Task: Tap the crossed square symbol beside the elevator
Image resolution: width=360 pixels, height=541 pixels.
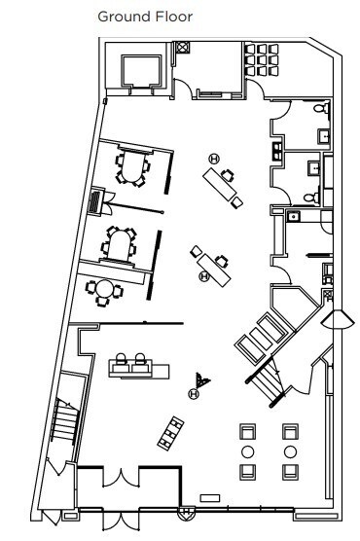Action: tap(183, 48)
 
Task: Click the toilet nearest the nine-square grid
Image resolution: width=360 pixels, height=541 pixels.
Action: tap(323, 116)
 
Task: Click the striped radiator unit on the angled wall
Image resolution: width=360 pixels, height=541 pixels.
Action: tap(95, 201)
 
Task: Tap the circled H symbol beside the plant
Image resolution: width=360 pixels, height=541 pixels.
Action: tap(194, 393)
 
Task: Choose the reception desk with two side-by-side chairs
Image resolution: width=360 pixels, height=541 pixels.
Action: tap(133, 368)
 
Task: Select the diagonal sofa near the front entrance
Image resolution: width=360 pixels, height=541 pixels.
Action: tap(173, 429)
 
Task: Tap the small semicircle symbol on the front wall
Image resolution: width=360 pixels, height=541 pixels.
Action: tap(182, 509)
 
